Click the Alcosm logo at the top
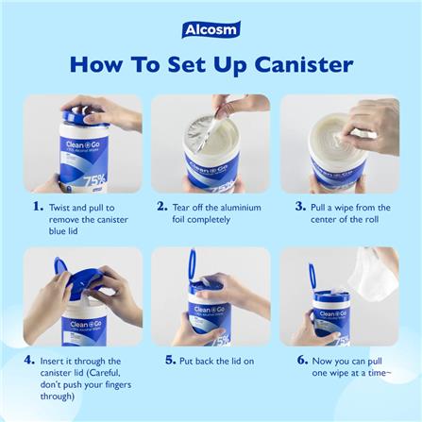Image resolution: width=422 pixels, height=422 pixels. click(211, 29)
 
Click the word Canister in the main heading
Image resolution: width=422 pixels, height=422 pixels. click(304, 65)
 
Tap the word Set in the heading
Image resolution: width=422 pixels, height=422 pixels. click(186, 65)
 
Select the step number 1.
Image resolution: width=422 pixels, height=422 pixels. click(38, 207)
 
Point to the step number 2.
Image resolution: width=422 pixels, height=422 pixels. click(162, 207)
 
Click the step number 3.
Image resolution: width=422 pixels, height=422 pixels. click(300, 207)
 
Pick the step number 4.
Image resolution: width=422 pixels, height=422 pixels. click(29, 360)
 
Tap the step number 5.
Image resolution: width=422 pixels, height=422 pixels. click(170, 360)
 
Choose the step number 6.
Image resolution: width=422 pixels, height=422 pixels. click(302, 360)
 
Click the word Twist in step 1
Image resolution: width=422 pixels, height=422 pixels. click(59, 208)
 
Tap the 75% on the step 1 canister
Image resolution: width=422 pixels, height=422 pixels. click(94, 180)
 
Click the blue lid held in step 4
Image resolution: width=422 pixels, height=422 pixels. click(78, 280)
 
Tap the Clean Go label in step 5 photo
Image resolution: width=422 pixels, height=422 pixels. click(209, 310)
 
